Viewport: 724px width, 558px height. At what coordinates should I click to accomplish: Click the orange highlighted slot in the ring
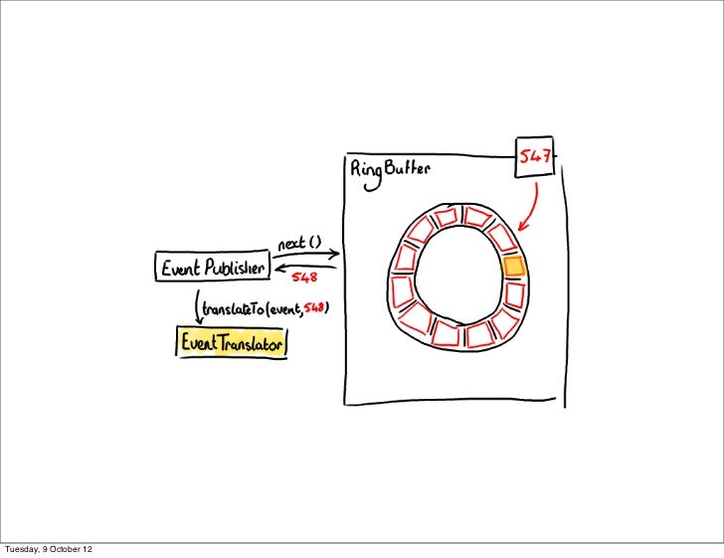[513, 267]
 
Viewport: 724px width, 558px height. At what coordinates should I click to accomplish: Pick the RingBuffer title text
[390, 171]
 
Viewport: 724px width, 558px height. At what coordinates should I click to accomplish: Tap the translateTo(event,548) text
[265, 309]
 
